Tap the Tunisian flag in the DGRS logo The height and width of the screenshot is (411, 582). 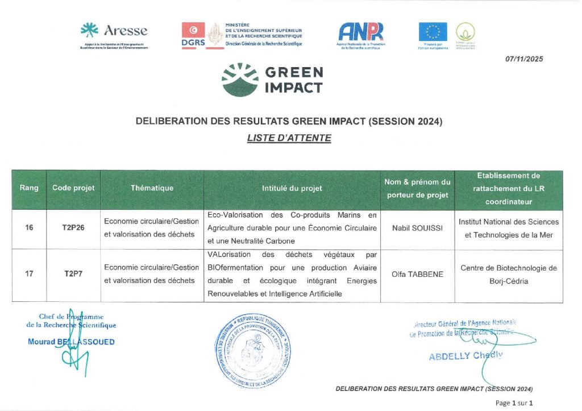pos(193,30)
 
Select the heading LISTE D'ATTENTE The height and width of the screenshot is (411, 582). pos(289,138)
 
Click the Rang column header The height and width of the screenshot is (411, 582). pos(29,188)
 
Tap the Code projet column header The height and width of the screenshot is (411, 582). pos(73,188)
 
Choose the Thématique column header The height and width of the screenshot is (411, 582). pos(152,188)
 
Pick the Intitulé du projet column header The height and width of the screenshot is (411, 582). pos(292,188)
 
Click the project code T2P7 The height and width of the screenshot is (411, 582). pos(73,273)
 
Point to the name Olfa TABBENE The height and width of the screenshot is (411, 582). pos(417,273)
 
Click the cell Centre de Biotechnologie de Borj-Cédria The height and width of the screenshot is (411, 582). pos(508,274)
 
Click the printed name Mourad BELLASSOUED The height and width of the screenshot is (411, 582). pos(71,342)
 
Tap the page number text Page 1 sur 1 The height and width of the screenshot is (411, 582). pos(514,402)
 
